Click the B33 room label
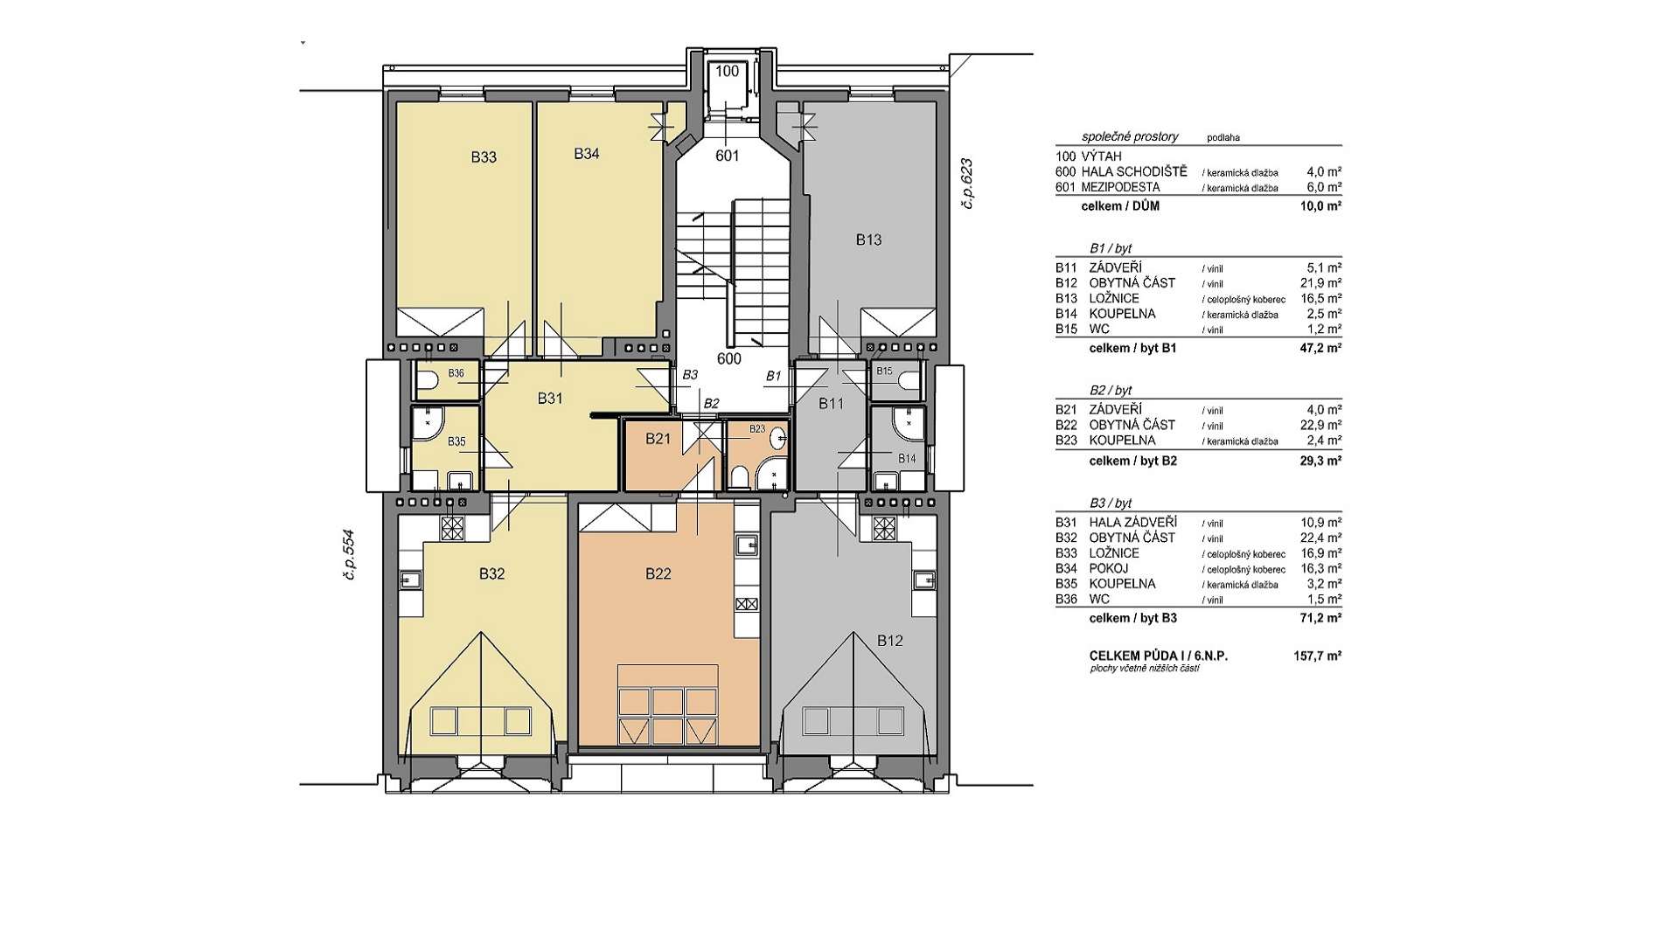484,157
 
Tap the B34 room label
587,154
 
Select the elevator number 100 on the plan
728,72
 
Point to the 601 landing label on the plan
728,156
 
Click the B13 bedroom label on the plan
868,239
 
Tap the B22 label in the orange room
658,573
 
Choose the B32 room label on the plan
492,574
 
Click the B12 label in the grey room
890,641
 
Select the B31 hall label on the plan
550,399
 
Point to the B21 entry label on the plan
658,439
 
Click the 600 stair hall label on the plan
729,358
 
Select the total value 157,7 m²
1318,656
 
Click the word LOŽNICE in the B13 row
1114,299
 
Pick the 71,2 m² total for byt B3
1321,618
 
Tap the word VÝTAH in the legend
1102,156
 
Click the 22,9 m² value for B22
1321,425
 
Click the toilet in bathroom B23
739,477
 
